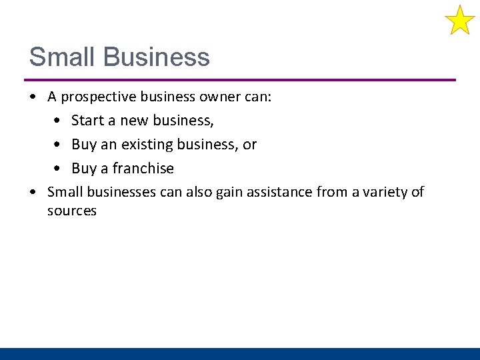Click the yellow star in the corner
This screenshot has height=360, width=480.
[459, 20]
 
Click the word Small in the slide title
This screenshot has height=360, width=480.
[60, 57]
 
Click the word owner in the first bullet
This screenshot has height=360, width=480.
[220, 97]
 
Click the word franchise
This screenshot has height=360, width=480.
[143, 169]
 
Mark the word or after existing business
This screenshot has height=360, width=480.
[249, 145]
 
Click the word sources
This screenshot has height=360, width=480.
[72, 211]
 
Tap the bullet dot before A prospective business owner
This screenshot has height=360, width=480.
[33, 97]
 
